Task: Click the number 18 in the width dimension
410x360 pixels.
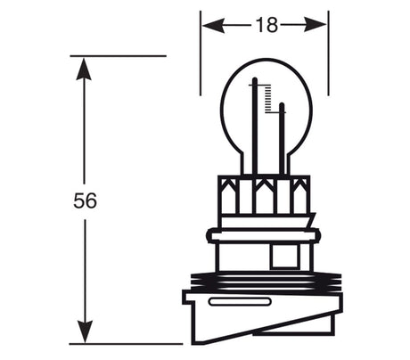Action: tap(265, 25)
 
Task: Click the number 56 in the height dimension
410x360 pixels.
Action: tap(85, 200)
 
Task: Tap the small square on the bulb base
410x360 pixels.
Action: tap(283, 256)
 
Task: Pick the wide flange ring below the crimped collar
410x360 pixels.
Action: tap(264, 235)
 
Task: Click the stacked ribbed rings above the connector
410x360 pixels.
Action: tap(264, 282)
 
